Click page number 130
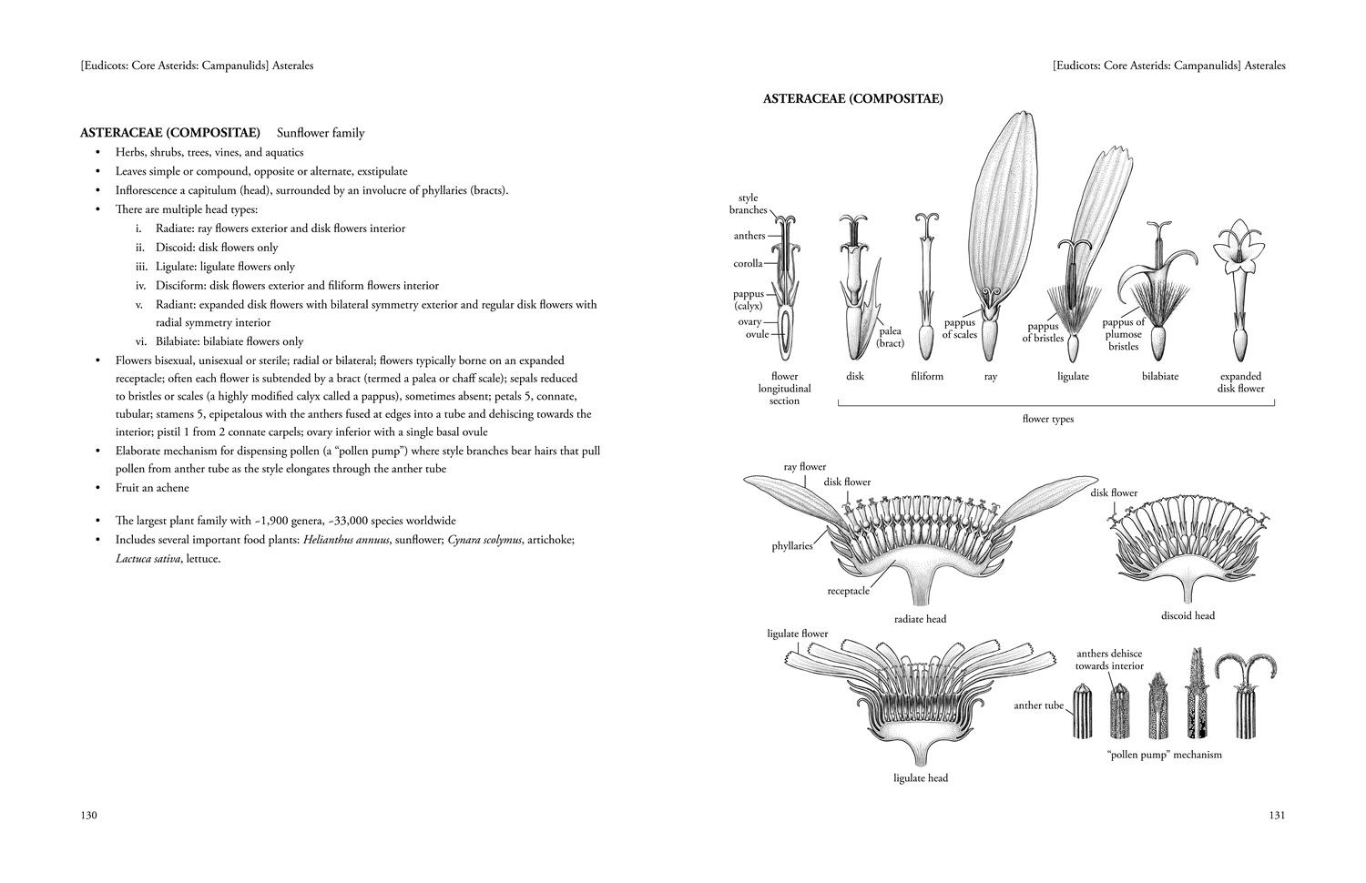click(x=88, y=816)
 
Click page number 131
click(x=1277, y=816)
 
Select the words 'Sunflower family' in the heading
click(x=321, y=133)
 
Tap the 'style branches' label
click(x=748, y=204)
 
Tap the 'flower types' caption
click(x=1048, y=420)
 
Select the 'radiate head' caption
click(x=921, y=619)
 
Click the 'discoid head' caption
click(x=1188, y=615)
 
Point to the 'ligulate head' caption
click(x=921, y=778)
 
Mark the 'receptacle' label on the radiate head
click(x=848, y=591)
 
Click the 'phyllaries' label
click(x=792, y=546)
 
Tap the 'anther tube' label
click(x=1038, y=705)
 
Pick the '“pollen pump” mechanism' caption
click(x=1164, y=755)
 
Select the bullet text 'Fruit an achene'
click(x=152, y=488)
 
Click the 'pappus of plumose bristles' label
click(x=1124, y=334)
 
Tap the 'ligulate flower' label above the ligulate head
click(x=798, y=634)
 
